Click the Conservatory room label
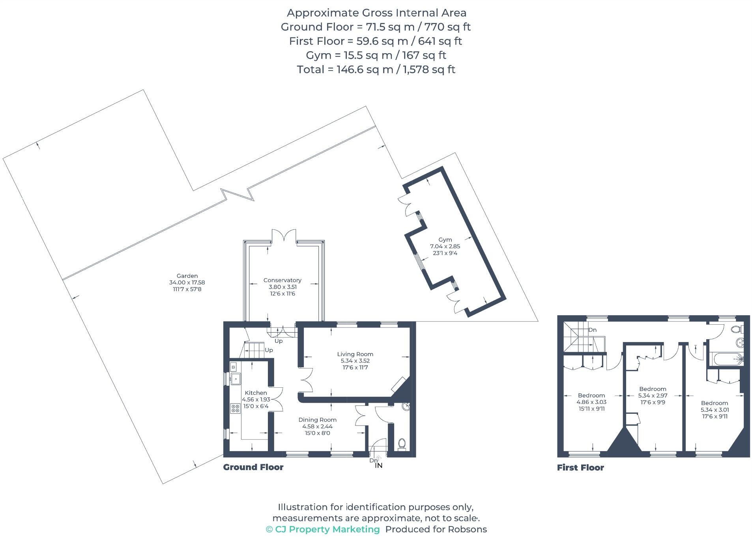(282, 280)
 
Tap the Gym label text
(445, 240)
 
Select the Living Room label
(355, 354)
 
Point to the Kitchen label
(256, 392)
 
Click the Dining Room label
(317, 420)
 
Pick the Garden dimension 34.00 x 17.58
(187, 283)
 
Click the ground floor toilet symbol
(402, 444)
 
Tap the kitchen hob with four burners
(235, 408)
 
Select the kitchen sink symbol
(236, 379)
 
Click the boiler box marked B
(233, 367)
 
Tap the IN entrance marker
(378, 465)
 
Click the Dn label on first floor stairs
(592, 330)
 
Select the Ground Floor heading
(253, 467)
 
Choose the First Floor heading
(580, 468)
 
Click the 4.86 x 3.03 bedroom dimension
(591, 402)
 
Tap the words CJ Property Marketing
(327, 529)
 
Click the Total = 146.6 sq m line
(376, 69)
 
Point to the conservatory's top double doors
(284, 236)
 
